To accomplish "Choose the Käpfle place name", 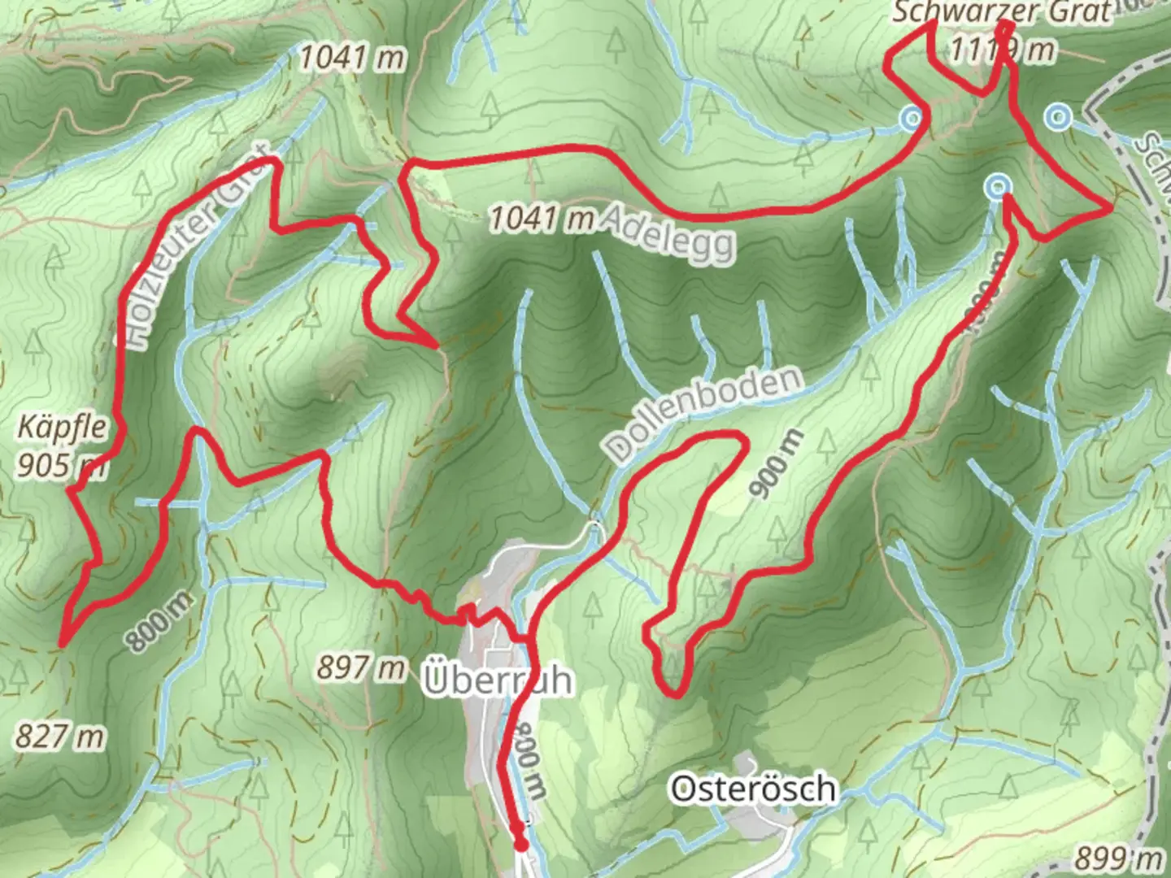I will click(x=62, y=428).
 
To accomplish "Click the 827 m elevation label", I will click(x=60, y=737).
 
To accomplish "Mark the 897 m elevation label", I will click(x=360, y=667).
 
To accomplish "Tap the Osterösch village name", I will click(x=752, y=789).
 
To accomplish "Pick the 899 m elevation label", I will click(x=1118, y=858).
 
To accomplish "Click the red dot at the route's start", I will click(x=521, y=845).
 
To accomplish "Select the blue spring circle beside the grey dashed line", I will click(x=1057, y=118).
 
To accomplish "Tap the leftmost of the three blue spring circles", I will click(x=912, y=119).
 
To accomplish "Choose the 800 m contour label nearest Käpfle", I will click(x=159, y=620).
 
